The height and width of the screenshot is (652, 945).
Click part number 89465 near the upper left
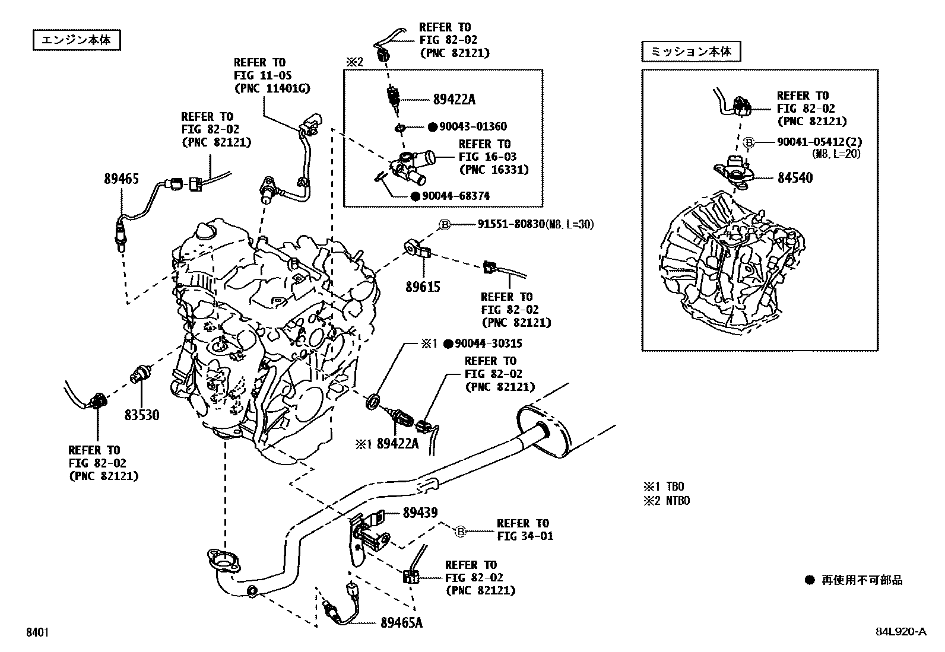121,178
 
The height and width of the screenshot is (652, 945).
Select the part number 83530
142,415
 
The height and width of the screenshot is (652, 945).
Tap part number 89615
423,287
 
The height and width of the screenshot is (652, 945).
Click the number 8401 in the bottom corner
37,632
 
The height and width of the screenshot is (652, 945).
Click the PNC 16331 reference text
493,170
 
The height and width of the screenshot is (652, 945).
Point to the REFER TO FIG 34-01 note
525,530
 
